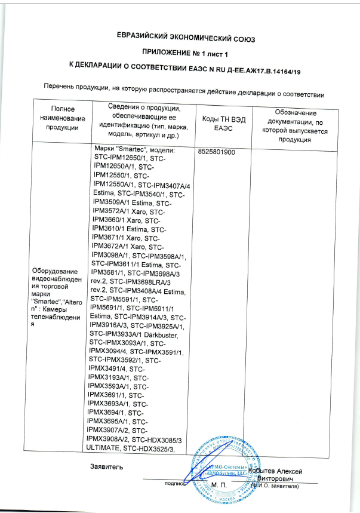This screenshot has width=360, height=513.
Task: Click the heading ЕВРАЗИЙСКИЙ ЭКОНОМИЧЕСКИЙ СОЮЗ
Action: tap(186, 40)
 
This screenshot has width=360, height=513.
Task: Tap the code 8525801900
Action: tap(216, 152)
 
